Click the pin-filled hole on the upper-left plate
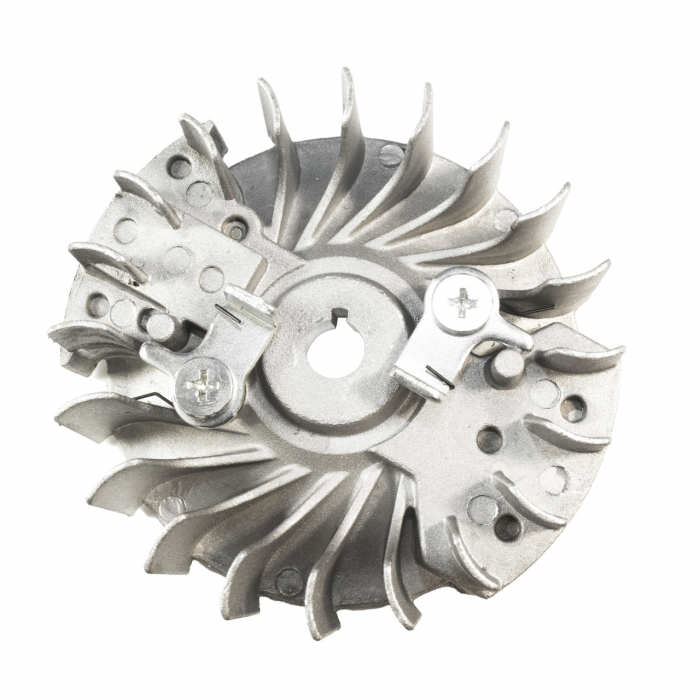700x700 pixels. pos(233,227)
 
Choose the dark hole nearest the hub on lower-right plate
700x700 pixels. pos(489,438)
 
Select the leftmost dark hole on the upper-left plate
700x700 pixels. pos(98,303)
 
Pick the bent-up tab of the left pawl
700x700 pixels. pos(251,305)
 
